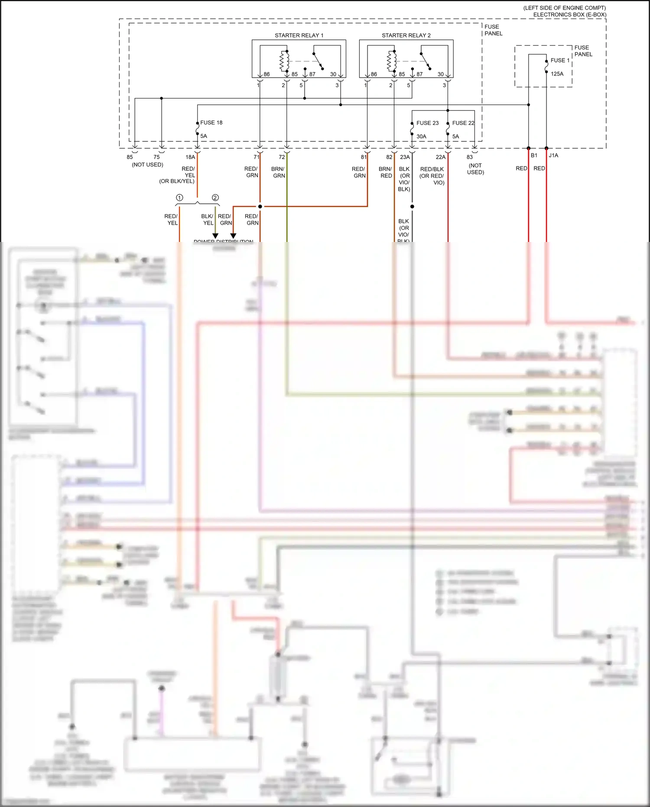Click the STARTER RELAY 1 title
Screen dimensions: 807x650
tap(299, 35)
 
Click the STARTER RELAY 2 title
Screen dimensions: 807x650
tap(406, 35)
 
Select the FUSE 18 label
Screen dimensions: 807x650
tap(211, 123)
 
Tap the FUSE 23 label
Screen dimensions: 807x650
tap(427, 123)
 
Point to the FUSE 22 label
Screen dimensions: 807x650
tap(463, 123)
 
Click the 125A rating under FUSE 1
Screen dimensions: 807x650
tap(557, 74)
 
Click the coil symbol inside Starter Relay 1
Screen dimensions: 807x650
tap(284, 61)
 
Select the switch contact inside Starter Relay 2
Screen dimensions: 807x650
tap(425, 61)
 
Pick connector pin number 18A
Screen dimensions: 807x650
tap(190, 157)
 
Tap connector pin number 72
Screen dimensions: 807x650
tap(282, 157)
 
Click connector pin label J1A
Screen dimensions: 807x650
tap(553, 155)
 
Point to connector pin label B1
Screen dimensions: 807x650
tap(534, 155)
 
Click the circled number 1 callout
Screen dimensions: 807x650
tap(179, 198)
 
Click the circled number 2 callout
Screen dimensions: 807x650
tap(215, 198)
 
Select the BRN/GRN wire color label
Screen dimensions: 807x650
tap(278, 172)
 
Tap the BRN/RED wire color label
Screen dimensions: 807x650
tap(385, 172)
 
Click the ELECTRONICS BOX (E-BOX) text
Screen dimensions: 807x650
tap(569, 15)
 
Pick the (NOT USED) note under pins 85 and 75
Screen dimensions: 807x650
tap(147, 165)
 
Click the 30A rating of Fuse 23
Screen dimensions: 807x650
tap(421, 137)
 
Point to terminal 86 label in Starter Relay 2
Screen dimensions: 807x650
tap(374, 74)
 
